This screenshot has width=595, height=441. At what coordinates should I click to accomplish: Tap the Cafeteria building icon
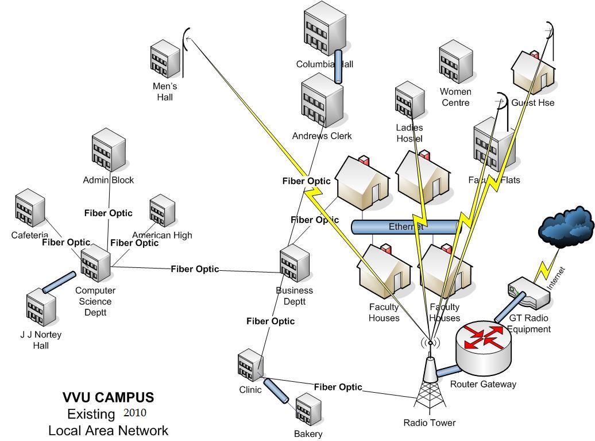pos(30,210)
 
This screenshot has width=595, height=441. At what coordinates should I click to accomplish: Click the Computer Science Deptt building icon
pos(95,263)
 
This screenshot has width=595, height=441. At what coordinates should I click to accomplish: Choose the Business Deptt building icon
pos(294,264)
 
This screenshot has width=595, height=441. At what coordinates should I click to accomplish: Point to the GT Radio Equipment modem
pos(529,294)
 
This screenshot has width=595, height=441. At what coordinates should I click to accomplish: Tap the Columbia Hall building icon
pos(324,29)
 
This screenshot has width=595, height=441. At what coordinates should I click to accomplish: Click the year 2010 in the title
pos(135,413)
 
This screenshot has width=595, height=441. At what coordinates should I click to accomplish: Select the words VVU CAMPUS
pos(108,397)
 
